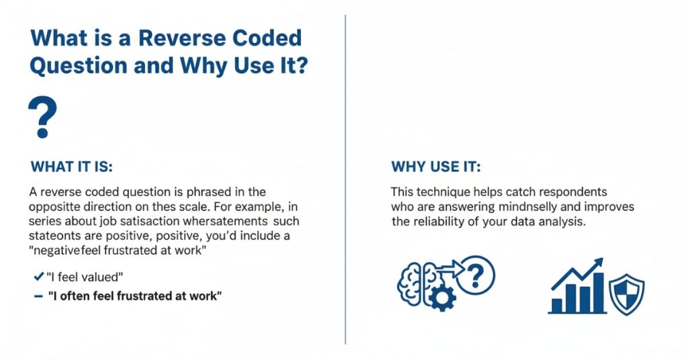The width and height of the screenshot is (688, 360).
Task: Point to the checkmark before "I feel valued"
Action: pos(38,277)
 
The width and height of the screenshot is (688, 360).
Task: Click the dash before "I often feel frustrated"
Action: pos(38,296)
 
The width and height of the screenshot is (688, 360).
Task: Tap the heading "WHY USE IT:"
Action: pos(436,166)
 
